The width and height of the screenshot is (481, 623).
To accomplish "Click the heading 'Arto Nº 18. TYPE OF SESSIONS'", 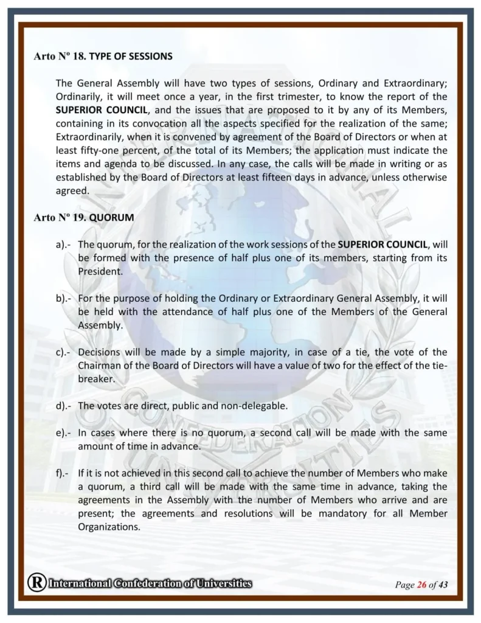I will coord(103,57).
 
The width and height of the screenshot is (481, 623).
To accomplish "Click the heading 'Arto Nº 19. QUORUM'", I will coord(84,217).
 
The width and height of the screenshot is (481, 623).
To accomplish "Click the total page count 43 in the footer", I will coord(443,585).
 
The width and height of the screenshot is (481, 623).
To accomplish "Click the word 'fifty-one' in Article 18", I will coord(97,150).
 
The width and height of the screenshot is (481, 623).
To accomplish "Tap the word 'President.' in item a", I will coord(100,271).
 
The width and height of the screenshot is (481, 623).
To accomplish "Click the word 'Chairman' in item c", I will coord(97,366).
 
